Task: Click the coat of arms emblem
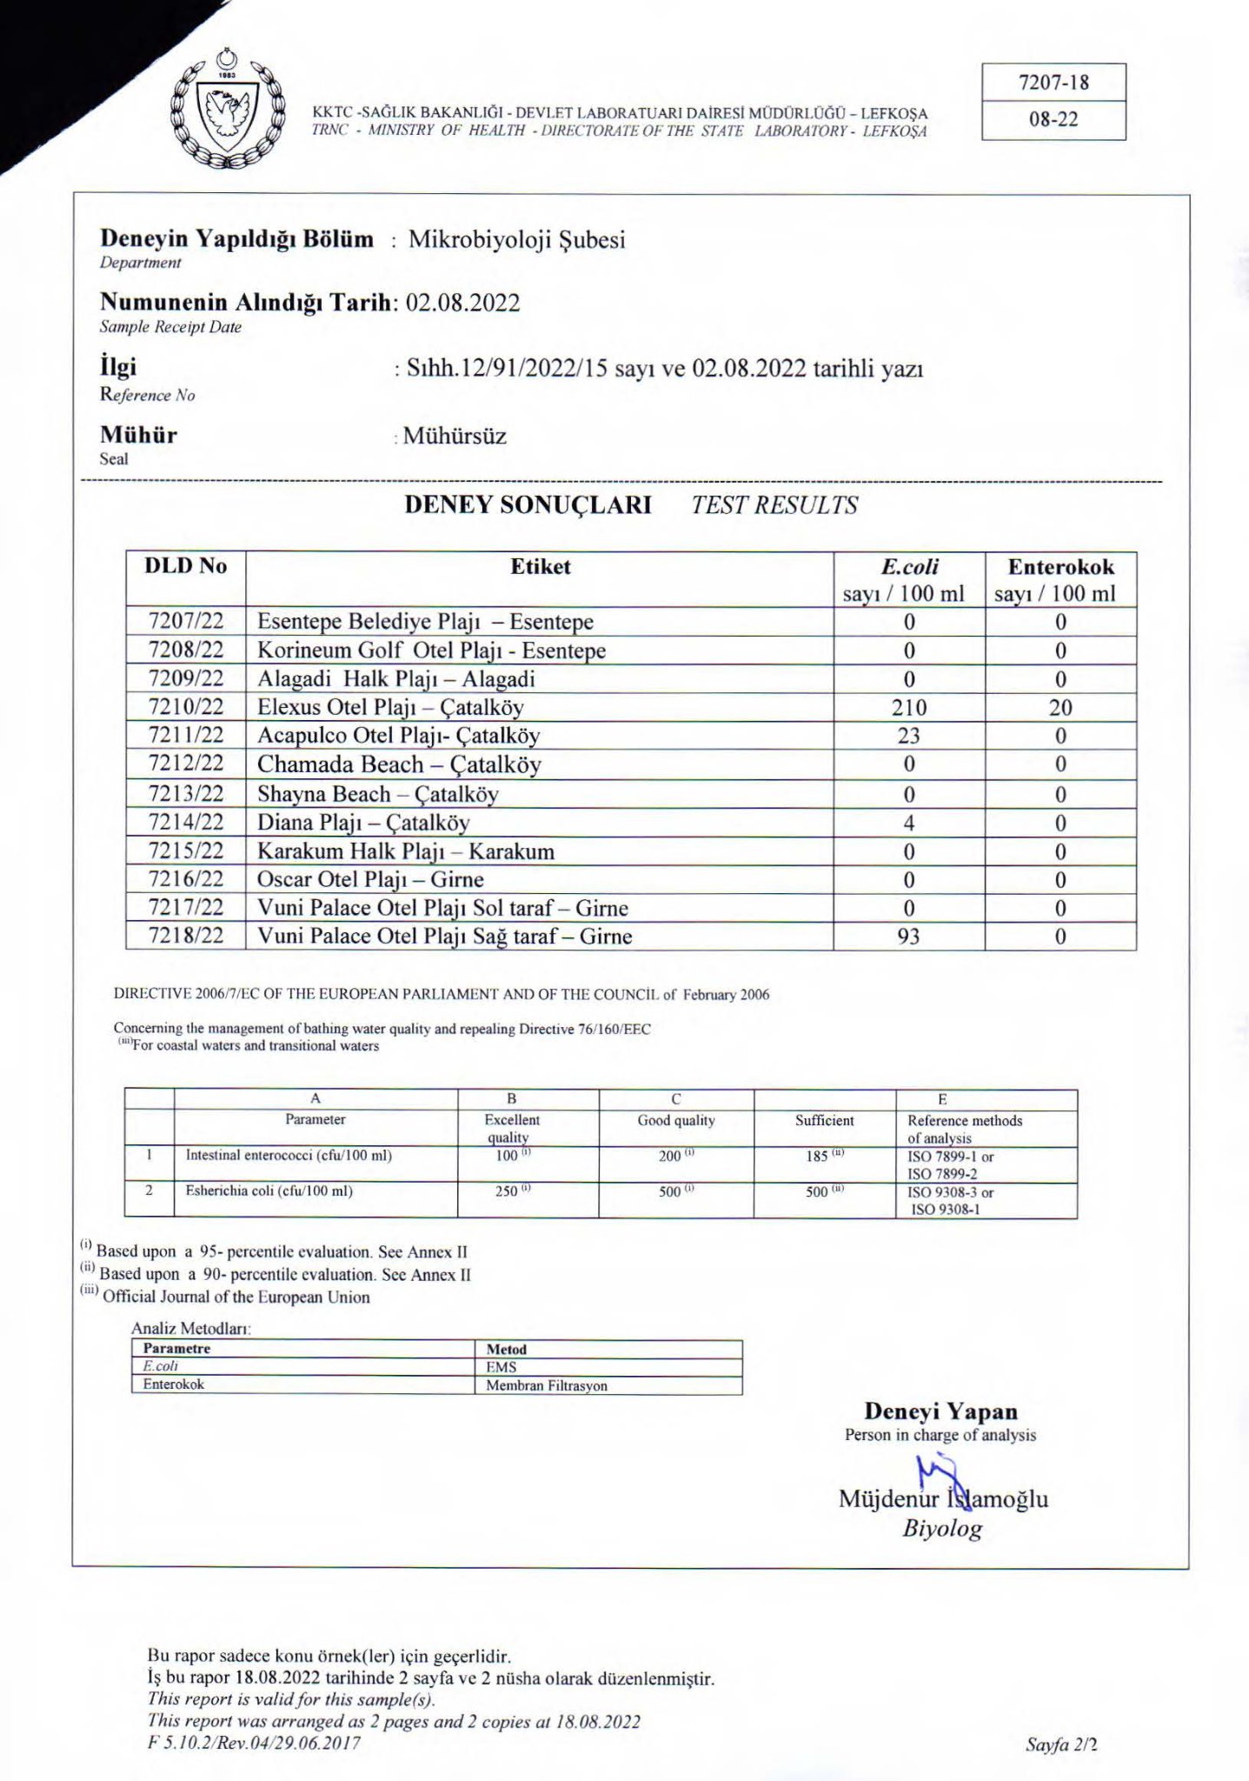point(229,111)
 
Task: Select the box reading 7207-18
point(1053,83)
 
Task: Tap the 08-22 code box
point(1053,120)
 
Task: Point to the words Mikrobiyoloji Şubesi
point(516,240)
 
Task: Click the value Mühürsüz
point(455,436)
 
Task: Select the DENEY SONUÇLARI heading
point(528,505)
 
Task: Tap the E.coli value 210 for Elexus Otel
point(909,707)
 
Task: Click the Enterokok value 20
point(1060,707)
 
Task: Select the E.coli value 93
point(909,937)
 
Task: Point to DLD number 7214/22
point(186,822)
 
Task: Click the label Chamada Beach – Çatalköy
point(399,764)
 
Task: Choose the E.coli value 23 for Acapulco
point(909,736)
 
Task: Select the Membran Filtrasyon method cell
point(547,1385)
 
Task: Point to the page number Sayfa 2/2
point(1061,1744)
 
